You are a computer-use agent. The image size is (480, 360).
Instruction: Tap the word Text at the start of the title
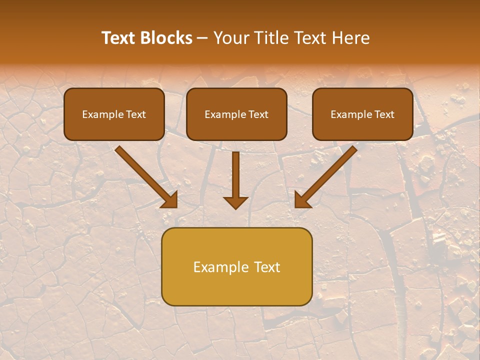[120, 38]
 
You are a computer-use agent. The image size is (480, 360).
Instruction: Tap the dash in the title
[202, 38]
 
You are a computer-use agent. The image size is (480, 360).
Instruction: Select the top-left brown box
[114, 114]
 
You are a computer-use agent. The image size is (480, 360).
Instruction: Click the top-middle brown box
[236, 114]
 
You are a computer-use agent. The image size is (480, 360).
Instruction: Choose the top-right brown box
[362, 114]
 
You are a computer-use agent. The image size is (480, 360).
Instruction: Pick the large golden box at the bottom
[236, 266]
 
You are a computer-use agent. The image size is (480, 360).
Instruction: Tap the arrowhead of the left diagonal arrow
[170, 200]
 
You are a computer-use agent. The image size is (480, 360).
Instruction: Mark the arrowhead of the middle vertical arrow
[235, 202]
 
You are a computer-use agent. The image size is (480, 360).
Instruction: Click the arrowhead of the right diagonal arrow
[302, 200]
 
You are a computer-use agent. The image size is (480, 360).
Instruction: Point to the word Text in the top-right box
[384, 114]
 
